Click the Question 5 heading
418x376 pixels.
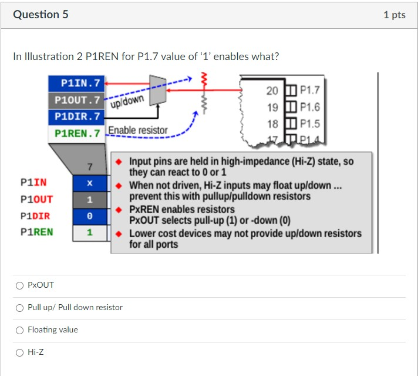point(41,14)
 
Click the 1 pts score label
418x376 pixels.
point(394,15)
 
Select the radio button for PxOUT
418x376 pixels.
point(20,285)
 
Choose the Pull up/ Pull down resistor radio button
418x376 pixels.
point(20,308)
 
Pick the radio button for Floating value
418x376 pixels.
point(20,330)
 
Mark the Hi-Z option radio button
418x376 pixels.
point(20,352)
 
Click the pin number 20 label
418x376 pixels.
point(272,91)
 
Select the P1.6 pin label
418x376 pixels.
point(309,107)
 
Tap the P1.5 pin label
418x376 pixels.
point(309,124)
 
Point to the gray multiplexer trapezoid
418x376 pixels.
point(157,90)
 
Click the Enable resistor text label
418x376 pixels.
point(138,130)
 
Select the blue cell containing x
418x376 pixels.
point(90,184)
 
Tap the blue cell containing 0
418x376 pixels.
point(90,216)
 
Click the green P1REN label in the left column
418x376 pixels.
point(36,232)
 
